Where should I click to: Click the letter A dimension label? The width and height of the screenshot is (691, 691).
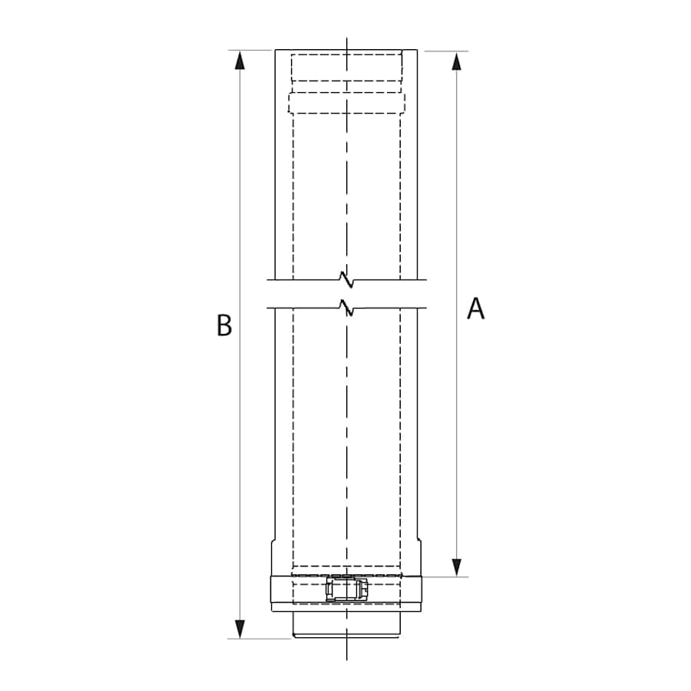click(x=476, y=309)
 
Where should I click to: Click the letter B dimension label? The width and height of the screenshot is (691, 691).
click(x=223, y=326)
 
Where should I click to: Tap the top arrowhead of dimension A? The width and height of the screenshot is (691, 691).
click(x=458, y=61)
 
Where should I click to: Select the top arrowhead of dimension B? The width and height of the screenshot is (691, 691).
click(x=241, y=60)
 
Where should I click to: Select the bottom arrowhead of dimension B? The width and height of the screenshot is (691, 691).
click(x=241, y=629)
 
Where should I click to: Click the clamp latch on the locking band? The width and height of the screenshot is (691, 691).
click(x=346, y=590)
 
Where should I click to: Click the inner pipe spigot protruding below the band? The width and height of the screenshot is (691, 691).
click(x=345, y=625)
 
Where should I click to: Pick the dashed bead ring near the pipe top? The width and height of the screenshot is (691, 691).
click(x=345, y=103)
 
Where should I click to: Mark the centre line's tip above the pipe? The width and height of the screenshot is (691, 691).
click(x=346, y=40)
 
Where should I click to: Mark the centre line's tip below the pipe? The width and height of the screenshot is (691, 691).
click(x=346, y=656)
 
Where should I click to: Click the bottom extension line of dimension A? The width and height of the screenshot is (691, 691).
click(x=445, y=577)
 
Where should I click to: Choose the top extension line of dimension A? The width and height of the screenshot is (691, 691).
click(x=445, y=51)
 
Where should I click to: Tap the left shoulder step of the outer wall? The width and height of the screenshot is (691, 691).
click(x=273, y=542)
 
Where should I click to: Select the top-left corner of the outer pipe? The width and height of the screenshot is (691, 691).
click(x=276, y=51)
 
